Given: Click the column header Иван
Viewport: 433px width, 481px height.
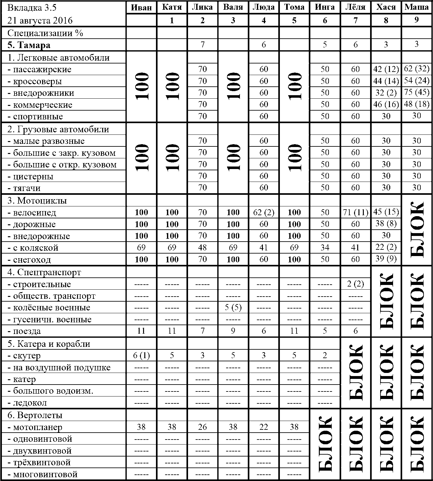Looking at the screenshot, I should [141, 8].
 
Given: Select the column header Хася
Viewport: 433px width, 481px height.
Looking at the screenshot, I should [386, 8].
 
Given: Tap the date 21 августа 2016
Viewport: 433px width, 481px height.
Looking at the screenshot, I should [40, 21].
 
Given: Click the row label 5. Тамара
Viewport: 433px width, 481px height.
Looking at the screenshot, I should [29, 45].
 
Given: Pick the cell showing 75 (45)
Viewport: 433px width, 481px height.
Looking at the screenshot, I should [416, 93].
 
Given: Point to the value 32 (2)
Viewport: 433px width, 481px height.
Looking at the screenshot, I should [386, 93].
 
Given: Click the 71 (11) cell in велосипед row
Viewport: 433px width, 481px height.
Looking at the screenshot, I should [355, 213].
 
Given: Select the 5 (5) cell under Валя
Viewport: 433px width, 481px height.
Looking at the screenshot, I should [233, 307].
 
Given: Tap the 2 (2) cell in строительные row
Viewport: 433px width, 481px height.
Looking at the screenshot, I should [355, 284].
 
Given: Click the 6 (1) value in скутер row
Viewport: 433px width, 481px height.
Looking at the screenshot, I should [141, 356].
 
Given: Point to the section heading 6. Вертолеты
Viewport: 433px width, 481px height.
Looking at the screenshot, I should [35, 415].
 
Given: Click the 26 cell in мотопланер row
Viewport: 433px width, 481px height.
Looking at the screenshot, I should [203, 427].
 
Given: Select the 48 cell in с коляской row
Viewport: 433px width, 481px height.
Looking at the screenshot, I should [203, 248].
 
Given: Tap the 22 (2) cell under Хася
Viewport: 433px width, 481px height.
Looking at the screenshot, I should [386, 247].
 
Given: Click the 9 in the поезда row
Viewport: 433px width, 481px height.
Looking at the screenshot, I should [233, 331].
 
